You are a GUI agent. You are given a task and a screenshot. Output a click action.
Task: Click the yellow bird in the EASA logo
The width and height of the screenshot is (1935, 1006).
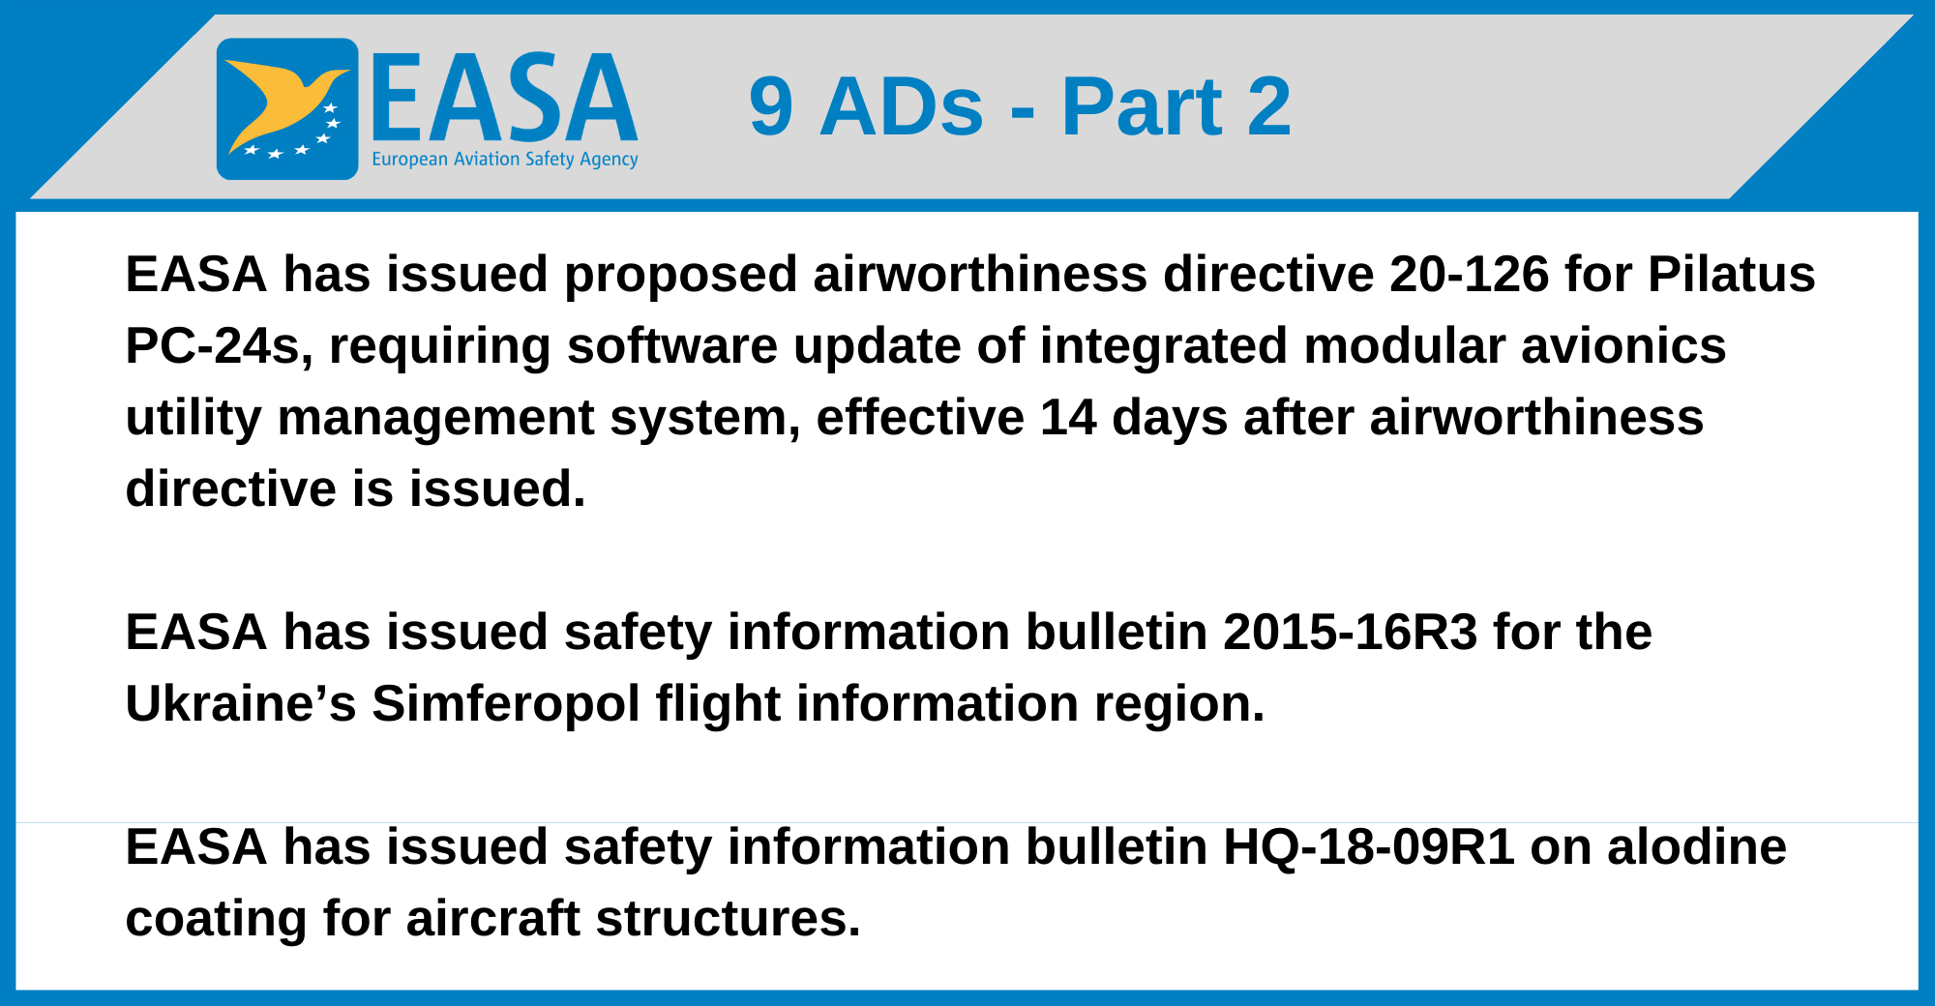281,102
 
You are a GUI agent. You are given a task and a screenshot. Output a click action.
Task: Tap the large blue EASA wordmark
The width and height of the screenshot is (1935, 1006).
504,98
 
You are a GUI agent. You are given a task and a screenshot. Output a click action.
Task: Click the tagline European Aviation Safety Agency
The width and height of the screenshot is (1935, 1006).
505,160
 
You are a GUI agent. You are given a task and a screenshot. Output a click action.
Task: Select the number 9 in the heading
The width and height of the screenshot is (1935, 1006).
771,106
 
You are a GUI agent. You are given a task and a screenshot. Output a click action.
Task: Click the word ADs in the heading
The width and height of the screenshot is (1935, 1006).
902,106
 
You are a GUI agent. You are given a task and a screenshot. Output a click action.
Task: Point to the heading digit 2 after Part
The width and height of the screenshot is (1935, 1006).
1268,105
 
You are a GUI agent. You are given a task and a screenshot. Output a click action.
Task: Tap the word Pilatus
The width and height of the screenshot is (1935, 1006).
1732,275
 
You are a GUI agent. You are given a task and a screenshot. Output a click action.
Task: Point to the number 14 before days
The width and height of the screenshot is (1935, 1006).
1068,418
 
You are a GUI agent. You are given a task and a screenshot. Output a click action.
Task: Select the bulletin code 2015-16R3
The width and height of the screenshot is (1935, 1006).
1351,633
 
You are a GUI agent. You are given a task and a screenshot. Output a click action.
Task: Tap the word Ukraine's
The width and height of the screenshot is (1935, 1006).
241,704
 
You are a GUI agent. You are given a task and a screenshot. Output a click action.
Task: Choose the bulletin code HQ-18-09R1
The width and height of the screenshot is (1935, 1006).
1369,847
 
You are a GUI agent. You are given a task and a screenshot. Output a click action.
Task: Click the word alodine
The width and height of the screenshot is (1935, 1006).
1697,847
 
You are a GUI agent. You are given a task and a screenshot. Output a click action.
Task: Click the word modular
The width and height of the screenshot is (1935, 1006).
1405,346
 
